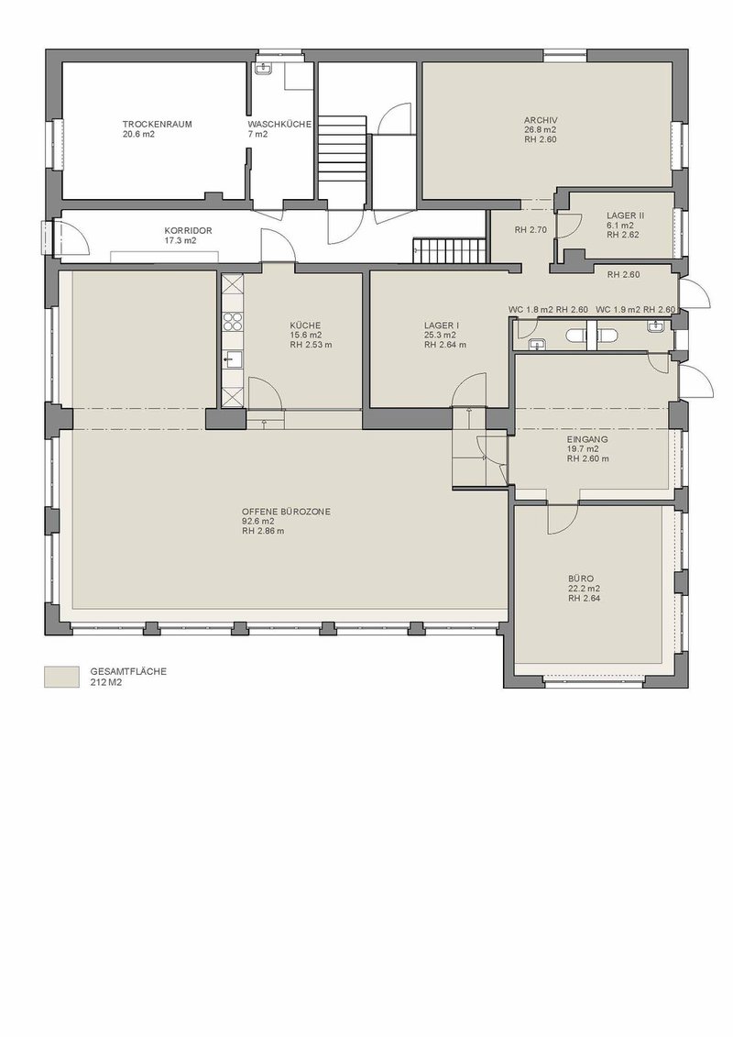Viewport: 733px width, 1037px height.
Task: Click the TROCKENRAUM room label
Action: click(x=158, y=125)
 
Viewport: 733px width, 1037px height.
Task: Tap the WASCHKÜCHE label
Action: click(x=279, y=125)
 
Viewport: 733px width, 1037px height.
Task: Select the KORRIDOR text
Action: click(x=189, y=231)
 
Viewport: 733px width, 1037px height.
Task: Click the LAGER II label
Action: click(x=625, y=215)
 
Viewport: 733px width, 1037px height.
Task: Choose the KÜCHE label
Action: click(x=305, y=325)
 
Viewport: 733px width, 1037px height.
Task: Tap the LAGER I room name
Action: click(x=442, y=325)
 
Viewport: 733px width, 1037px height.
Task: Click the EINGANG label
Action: click(x=587, y=439)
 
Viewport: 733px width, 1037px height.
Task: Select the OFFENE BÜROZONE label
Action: click(x=286, y=512)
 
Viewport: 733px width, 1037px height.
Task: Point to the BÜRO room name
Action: click(x=581, y=579)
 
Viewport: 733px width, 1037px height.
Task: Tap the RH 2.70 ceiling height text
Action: click(x=531, y=231)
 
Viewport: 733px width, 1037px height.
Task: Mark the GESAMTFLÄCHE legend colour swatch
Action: click(x=61, y=677)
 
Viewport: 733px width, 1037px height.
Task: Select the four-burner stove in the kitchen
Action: click(x=233, y=322)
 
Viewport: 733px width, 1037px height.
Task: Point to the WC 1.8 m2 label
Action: click(x=531, y=310)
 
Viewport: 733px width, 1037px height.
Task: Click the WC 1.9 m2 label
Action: click(x=618, y=310)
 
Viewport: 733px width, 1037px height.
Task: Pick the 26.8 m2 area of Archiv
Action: click(x=541, y=129)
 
